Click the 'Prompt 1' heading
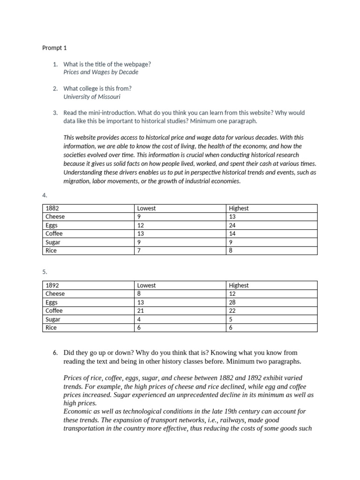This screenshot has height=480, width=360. point(55,48)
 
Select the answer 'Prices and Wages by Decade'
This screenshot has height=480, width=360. point(101,72)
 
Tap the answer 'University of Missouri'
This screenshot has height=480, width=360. point(92,97)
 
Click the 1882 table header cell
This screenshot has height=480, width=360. point(52,208)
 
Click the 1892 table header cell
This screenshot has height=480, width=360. point(52,285)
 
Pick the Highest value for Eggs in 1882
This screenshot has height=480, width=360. point(232,225)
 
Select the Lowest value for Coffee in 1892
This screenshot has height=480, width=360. point(141,310)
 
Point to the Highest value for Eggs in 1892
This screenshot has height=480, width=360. point(232,302)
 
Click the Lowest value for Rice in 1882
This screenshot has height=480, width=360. point(139,250)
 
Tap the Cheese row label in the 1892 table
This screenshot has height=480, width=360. point(55,293)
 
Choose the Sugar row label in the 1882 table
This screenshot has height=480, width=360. point(53,242)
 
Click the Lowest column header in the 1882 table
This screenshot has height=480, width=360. point(146,208)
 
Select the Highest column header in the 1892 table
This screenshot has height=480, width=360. point(239,285)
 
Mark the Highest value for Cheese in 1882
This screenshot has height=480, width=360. point(232,217)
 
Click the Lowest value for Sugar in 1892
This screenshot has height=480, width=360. point(139,319)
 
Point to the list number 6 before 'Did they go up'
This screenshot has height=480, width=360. point(55,352)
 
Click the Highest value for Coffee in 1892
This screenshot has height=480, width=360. point(232,310)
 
